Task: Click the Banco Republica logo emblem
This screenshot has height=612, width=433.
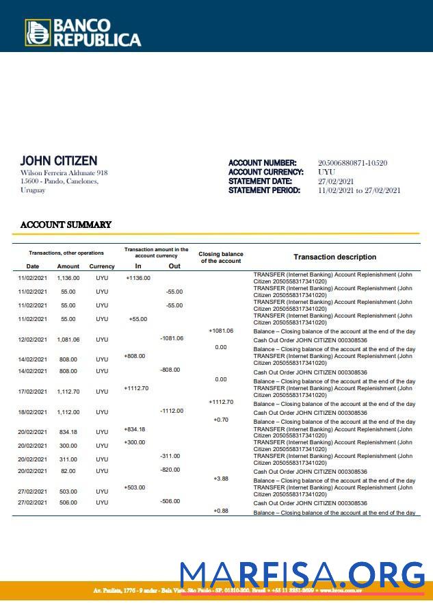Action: click(38, 33)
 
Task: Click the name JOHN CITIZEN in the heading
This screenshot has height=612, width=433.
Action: click(59, 161)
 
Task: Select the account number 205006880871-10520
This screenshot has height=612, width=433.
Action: click(352, 163)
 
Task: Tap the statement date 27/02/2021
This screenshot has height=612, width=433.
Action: click(334, 181)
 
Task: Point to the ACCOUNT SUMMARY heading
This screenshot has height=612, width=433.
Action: click(66, 225)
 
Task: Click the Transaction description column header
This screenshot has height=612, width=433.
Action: click(334, 257)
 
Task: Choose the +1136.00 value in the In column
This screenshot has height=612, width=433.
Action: click(138, 278)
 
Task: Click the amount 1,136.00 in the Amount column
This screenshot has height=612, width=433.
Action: click(68, 279)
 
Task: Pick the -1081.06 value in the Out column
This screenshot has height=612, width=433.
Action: click(172, 338)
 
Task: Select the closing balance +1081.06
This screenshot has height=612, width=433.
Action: click(221, 331)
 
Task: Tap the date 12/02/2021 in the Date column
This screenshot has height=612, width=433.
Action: click(32, 340)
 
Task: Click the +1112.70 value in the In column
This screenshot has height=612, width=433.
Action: click(136, 388)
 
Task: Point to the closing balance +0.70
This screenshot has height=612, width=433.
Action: click(221, 419)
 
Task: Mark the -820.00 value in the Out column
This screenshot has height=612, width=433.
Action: click(170, 470)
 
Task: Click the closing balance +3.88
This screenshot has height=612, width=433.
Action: click(221, 479)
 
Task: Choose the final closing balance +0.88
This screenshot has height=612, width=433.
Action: click(221, 511)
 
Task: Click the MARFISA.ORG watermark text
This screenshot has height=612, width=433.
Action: click(302, 576)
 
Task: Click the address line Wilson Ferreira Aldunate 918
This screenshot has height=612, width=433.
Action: click(64, 173)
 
